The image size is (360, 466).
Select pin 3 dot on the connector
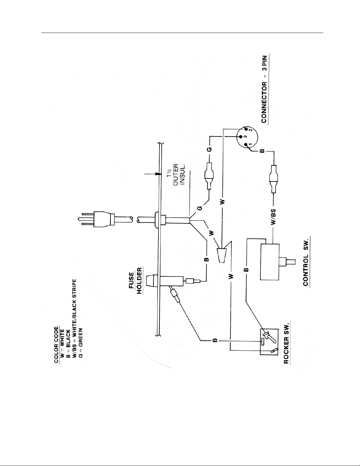coord(241,137)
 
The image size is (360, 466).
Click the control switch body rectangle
coord(270,262)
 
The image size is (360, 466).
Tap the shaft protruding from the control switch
coord(288,262)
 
